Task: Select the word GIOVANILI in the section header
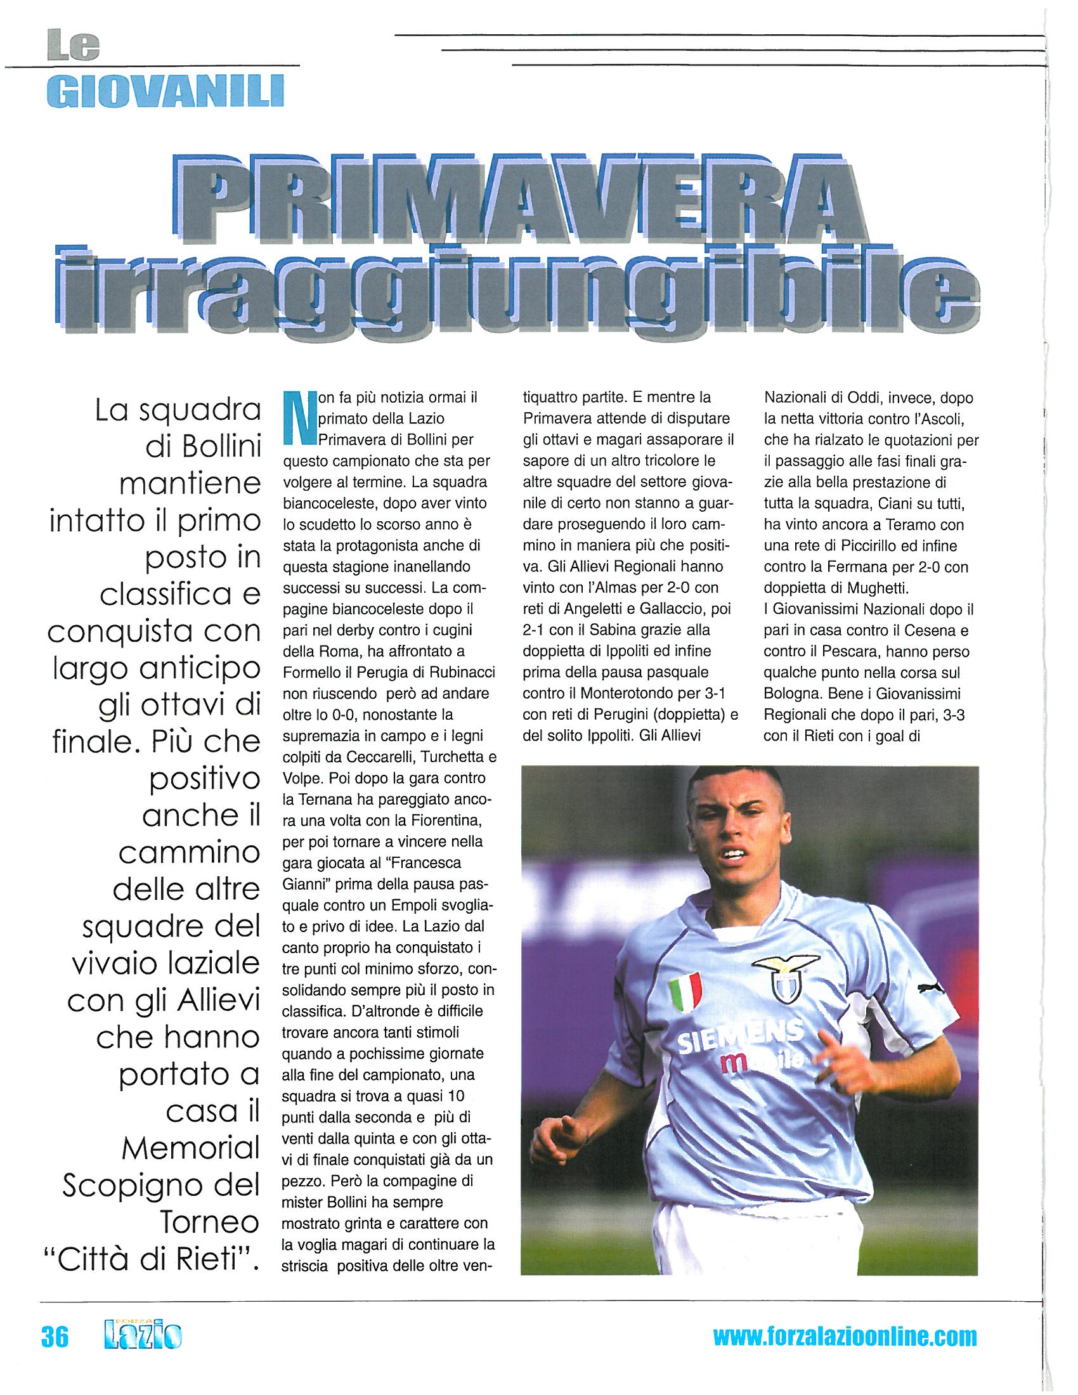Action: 166,91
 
